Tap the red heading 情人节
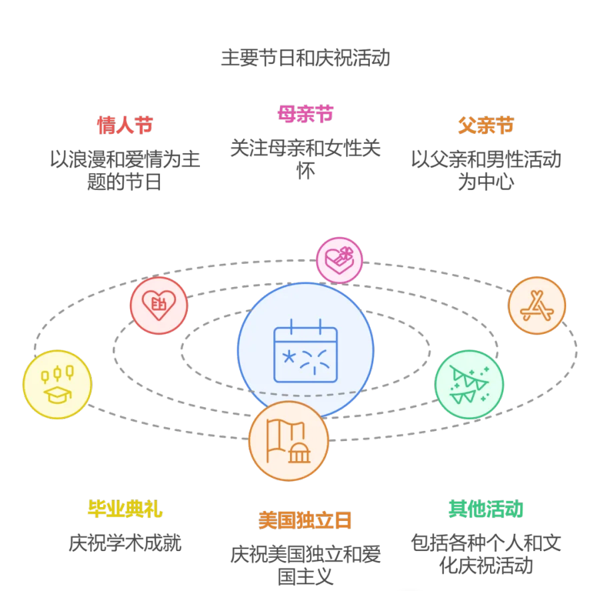tap(125, 125)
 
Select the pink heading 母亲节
tap(305, 114)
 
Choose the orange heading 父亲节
tap(486, 125)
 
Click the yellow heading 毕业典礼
tap(125, 510)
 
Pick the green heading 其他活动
tap(486, 510)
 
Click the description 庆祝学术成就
tap(125, 543)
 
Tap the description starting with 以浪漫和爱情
tap(125, 170)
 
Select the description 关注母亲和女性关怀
tap(305, 159)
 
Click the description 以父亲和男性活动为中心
tap(486, 170)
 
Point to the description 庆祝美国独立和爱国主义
tap(305, 564)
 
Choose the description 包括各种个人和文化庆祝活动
tap(486, 554)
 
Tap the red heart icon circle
tap(158, 305)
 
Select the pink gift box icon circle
tap(339, 260)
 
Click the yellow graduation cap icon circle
tap(57, 384)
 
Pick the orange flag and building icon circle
tap(288, 440)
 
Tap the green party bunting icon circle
tap(469, 384)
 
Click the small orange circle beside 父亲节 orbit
tap(537, 306)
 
